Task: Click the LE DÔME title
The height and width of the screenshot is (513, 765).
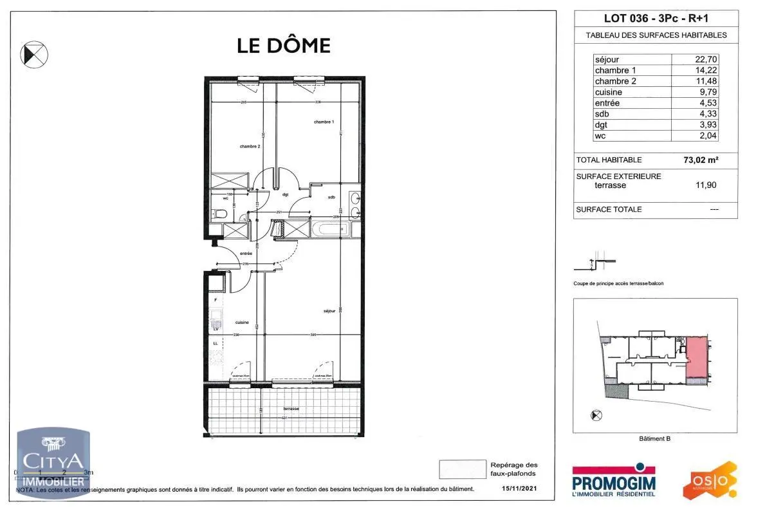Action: click(284, 46)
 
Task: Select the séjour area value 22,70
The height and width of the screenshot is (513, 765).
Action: click(706, 60)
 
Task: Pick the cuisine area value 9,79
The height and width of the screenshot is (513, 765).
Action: click(707, 92)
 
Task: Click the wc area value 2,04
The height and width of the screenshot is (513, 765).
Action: click(707, 136)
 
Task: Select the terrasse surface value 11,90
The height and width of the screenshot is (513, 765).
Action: click(706, 185)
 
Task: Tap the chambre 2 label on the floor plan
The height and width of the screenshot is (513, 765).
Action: click(250, 147)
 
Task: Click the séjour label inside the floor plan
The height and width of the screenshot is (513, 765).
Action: click(331, 312)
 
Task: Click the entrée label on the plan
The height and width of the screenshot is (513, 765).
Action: click(246, 254)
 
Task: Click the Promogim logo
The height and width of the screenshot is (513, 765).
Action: click(614, 480)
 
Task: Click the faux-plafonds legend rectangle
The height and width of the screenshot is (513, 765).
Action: click(462, 469)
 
